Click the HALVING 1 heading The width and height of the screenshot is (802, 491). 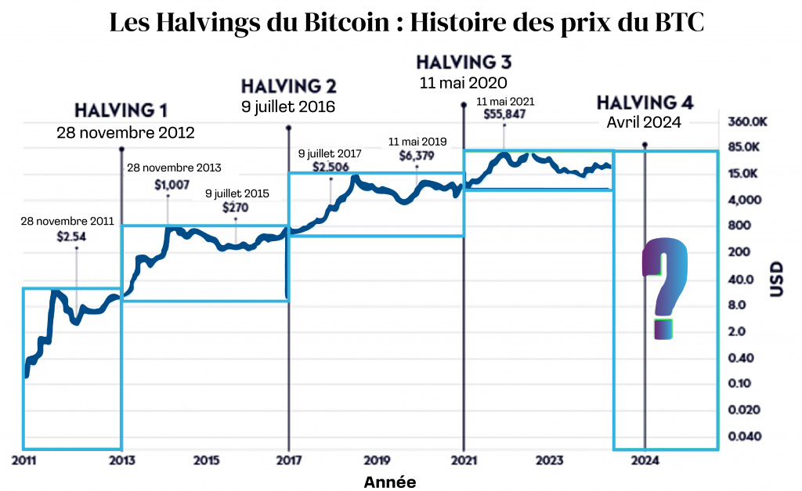(121, 110)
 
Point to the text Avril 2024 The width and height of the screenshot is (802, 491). (645, 121)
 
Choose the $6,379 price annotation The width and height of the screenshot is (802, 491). (417, 155)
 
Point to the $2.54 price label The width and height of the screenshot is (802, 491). (77, 235)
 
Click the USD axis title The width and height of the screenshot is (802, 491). (777, 279)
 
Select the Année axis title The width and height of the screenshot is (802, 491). (390, 482)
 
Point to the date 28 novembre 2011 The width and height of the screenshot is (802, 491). (67, 222)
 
